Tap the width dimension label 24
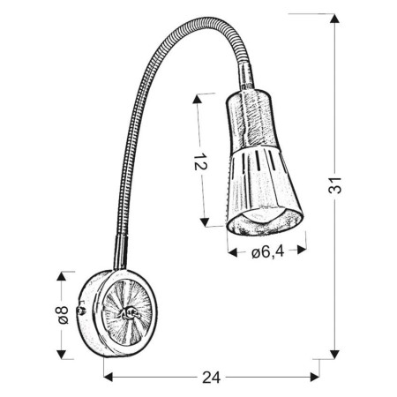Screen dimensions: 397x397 click(x=209, y=377)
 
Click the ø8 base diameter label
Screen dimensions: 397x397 click(x=62, y=314)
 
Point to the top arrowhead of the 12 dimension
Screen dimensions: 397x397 click(x=206, y=94)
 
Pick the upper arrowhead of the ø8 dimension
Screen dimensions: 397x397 click(x=62, y=276)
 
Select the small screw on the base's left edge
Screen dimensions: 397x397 click(x=83, y=311)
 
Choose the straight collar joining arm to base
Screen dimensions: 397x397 click(x=119, y=256)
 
